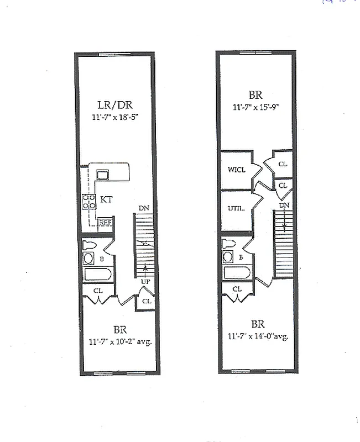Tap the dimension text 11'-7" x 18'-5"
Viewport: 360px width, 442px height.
click(x=115, y=117)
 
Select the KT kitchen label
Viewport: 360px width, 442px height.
click(x=107, y=200)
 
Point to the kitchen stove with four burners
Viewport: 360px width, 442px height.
click(x=88, y=202)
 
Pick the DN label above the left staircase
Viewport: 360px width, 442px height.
click(x=144, y=208)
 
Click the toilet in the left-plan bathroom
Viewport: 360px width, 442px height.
click(x=89, y=245)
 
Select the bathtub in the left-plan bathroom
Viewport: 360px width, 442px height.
click(x=98, y=274)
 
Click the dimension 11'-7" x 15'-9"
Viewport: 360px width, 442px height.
click(x=256, y=107)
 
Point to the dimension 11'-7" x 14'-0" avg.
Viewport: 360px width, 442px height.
click(x=258, y=336)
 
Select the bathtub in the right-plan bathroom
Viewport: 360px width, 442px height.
click(x=237, y=272)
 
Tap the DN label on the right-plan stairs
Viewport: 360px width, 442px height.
click(x=284, y=206)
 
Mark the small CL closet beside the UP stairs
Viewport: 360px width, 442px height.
click(x=146, y=301)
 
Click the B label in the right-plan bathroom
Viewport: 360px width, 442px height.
click(x=241, y=257)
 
